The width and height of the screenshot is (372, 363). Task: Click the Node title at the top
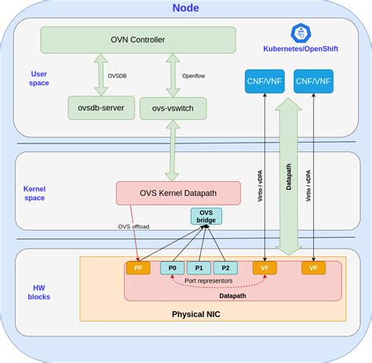185,9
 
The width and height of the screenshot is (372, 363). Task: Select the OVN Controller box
137,40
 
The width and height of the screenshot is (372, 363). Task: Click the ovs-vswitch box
173,108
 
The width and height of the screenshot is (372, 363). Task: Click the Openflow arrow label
194,77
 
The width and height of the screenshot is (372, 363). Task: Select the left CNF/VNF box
264,82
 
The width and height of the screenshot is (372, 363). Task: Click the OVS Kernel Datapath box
178,193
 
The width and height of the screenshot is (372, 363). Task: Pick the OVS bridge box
206,216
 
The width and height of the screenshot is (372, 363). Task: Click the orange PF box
137,268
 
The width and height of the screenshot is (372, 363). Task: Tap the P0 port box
172,268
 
